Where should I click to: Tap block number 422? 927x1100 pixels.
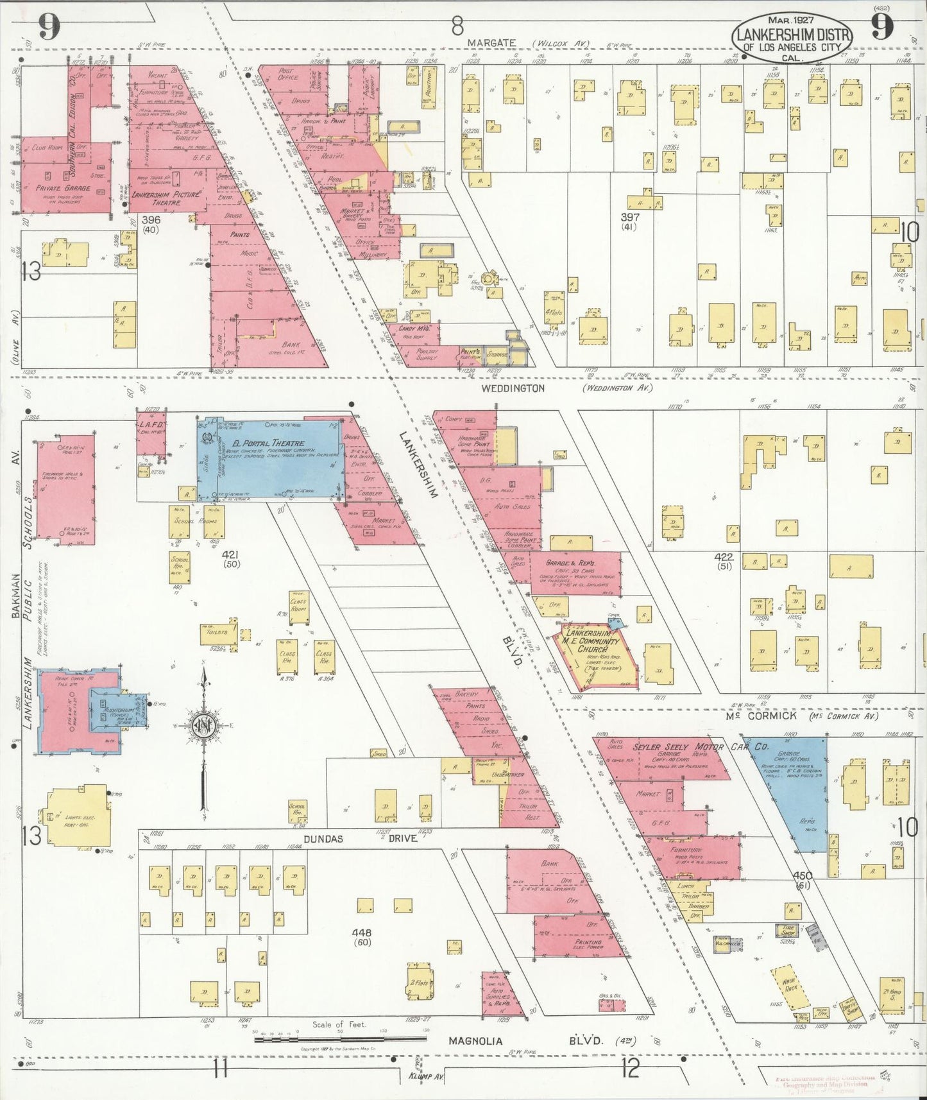(x=724, y=557)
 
